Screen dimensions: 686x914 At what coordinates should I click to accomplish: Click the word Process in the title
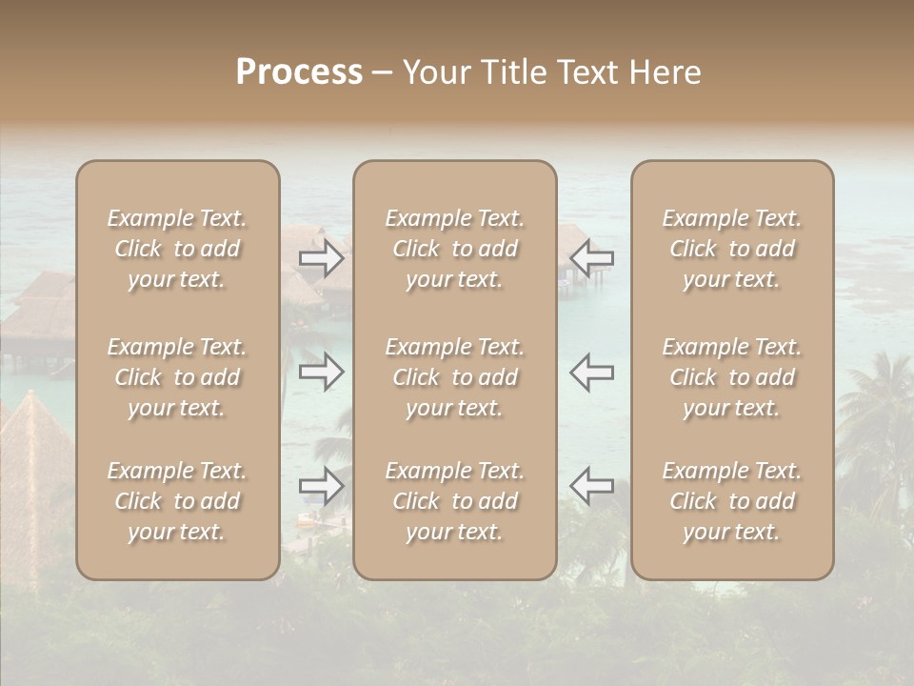(x=299, y=72)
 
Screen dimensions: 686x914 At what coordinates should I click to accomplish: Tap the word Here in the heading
(x=664, y=72)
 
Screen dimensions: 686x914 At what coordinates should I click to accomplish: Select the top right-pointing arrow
(x=322, y=258)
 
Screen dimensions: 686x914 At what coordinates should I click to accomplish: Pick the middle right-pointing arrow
(x=322, y=372)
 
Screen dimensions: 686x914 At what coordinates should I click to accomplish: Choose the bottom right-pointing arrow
(x=322, y=486)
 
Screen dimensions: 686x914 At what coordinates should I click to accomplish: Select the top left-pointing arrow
(x=591, y=258)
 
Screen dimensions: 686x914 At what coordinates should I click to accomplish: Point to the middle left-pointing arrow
(x=591, y=372)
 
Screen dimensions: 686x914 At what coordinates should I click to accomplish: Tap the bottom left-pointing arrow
(x=591, y=486)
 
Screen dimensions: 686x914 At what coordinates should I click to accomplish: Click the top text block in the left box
(x=177, y=249)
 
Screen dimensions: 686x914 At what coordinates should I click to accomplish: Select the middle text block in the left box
(x=177, y=377)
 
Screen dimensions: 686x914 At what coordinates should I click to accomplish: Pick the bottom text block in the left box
(x=177, y=501)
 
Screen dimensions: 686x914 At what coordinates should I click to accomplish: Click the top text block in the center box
(x=455, y=249)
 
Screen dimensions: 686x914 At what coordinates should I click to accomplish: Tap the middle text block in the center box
(x=455, y=377)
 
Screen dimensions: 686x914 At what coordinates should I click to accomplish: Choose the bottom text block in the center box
(x=455, y=501)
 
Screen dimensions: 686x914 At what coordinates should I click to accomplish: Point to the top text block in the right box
(x=732, y=249)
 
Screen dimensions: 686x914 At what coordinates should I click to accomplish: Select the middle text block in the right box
(x=732, y=377)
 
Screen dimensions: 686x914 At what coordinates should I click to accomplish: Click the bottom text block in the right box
(x=732, y=501)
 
